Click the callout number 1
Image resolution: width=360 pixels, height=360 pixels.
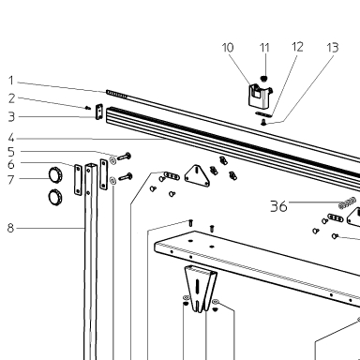11,81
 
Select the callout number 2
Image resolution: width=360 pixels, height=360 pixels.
11,98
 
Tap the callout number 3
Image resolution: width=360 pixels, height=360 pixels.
11,116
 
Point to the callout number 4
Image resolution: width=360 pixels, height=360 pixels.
11,138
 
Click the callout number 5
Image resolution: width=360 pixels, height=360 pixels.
11,152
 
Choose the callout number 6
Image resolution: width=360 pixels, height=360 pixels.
11,164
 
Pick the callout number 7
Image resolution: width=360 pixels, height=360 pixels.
11,180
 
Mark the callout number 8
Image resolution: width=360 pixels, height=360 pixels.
11,228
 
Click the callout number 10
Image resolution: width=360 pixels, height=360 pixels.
228,48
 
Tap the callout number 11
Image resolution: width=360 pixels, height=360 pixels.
264,48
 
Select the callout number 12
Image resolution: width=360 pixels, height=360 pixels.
297,47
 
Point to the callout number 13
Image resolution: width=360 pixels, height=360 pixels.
333,48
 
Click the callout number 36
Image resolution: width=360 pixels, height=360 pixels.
278,206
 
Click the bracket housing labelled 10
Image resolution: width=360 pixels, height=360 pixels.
260,96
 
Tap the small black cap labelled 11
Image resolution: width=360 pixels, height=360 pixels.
264,78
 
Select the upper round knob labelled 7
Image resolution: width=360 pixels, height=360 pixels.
55,174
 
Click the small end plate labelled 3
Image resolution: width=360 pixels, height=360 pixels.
99,112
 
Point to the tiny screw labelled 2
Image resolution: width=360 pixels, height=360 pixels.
88,108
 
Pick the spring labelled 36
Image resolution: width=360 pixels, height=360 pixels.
347,202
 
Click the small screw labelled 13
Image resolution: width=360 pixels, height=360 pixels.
263,123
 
